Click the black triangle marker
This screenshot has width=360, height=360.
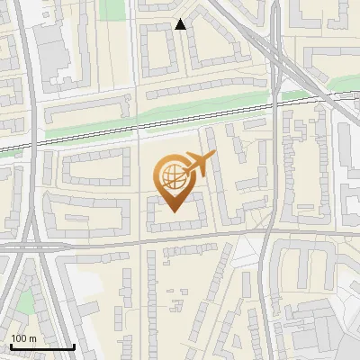[181, 24]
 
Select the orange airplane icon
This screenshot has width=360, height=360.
[198, 164]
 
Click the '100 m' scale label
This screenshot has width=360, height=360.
[23, 338]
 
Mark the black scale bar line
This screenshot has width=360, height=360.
[41, 346]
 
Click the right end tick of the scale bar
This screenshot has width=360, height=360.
[74, 345]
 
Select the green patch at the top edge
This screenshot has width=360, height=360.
[113, 9]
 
